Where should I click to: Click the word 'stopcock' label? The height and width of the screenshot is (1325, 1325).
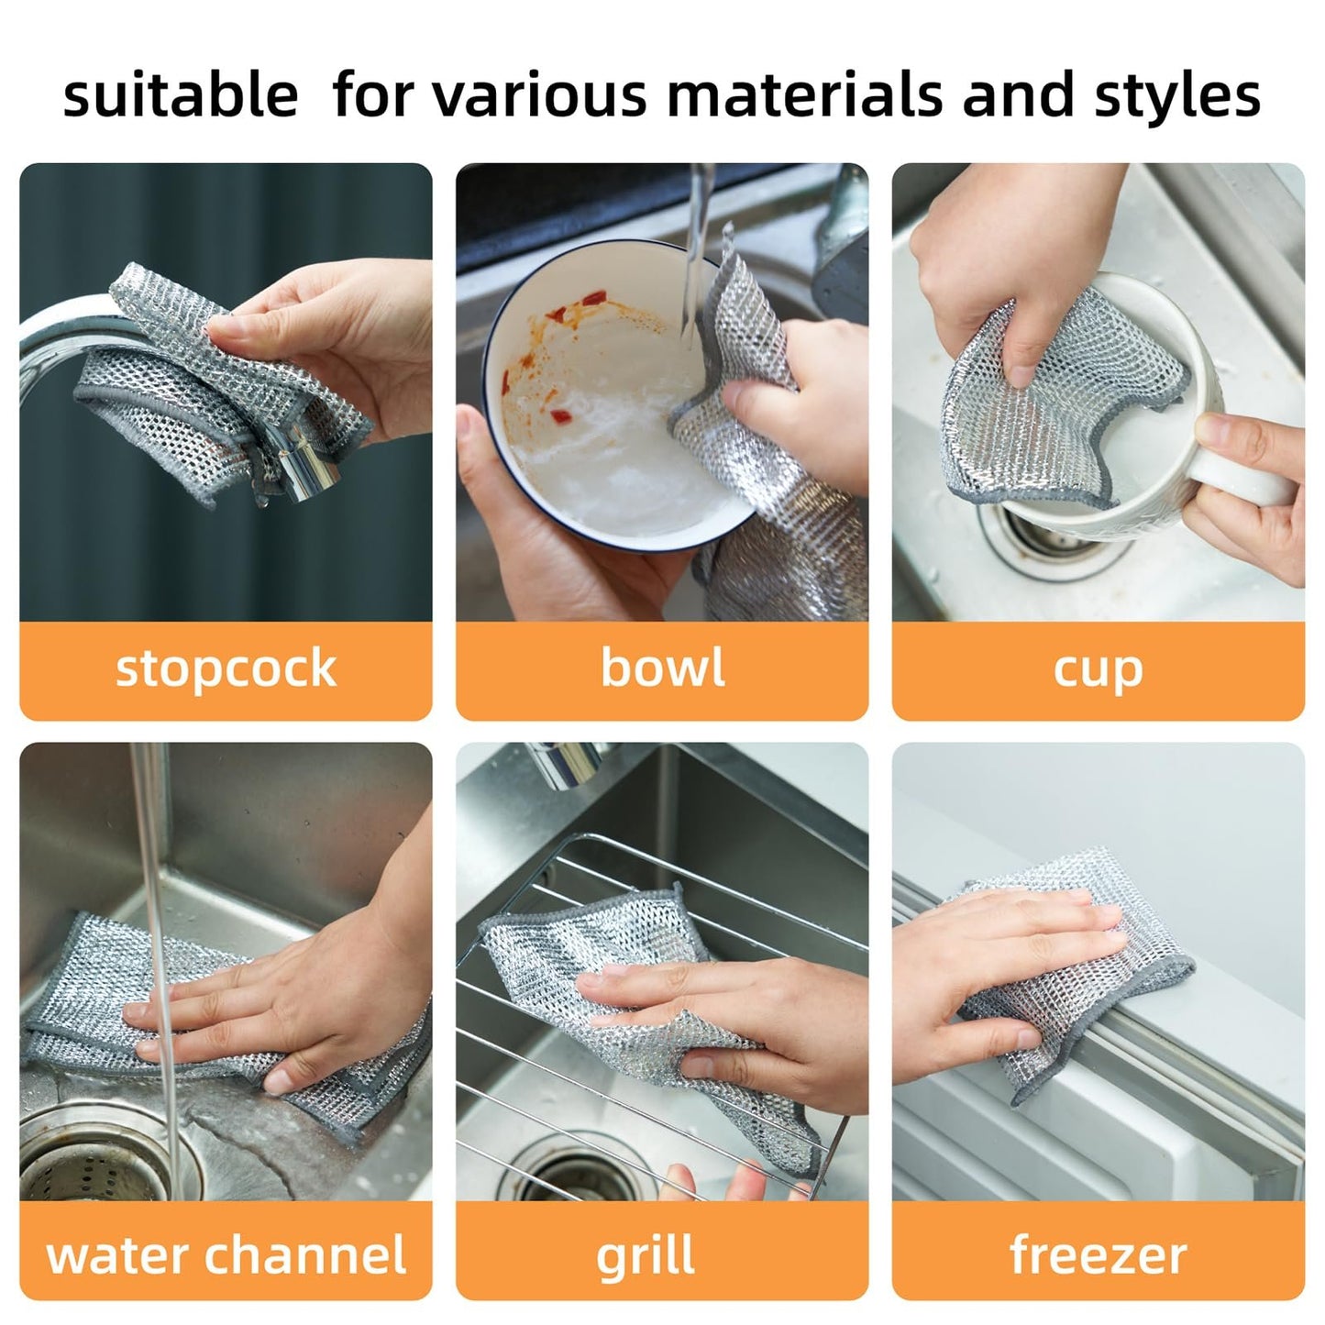226,668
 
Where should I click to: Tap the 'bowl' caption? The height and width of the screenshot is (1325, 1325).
662,668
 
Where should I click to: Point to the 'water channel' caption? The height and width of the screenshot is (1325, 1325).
226,1254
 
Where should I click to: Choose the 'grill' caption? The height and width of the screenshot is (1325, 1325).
646,1254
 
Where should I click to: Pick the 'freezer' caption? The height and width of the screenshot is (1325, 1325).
1098,1254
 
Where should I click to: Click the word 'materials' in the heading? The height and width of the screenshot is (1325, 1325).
803,95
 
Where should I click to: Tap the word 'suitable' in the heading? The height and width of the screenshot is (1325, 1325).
181,95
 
